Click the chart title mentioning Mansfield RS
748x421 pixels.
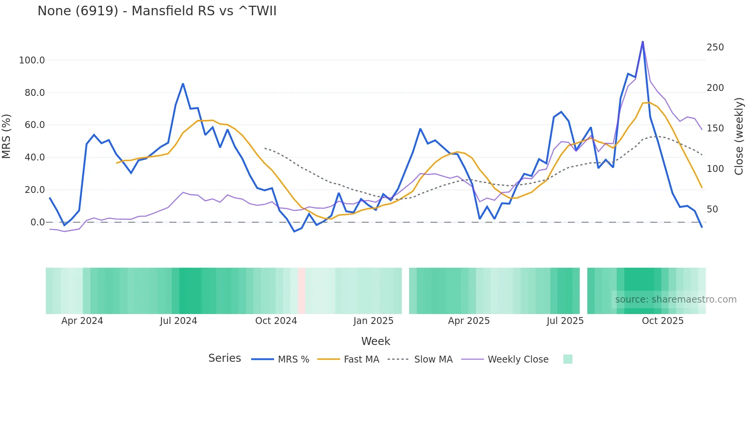tap(157, 11)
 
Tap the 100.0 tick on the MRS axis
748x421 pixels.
tap(32, 60)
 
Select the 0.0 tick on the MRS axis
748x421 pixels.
tap(37, 222)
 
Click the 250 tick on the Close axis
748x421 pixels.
tap(715, 47)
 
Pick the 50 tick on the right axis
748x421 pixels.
tap(712, 209)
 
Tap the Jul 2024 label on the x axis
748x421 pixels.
tap(178, 321)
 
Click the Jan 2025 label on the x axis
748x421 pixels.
tap(373, 321)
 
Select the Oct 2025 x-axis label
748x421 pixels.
tap(663, 321)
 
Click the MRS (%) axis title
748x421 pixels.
tap(6, 136)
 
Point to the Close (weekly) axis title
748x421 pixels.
tap(739, 136)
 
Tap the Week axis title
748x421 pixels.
tap(376, 341)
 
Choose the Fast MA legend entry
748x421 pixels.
tap(361, 359)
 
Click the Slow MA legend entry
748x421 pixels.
tap(433, 359)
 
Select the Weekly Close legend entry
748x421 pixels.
tap(518, 359)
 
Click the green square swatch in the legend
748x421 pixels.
tap(567, 359)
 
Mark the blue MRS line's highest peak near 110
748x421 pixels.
tap(643, 41)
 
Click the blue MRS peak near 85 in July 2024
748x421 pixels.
tap(183, 84)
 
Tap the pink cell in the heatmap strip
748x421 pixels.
tap(301, 291)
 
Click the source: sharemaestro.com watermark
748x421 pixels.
tap(675, 300)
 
